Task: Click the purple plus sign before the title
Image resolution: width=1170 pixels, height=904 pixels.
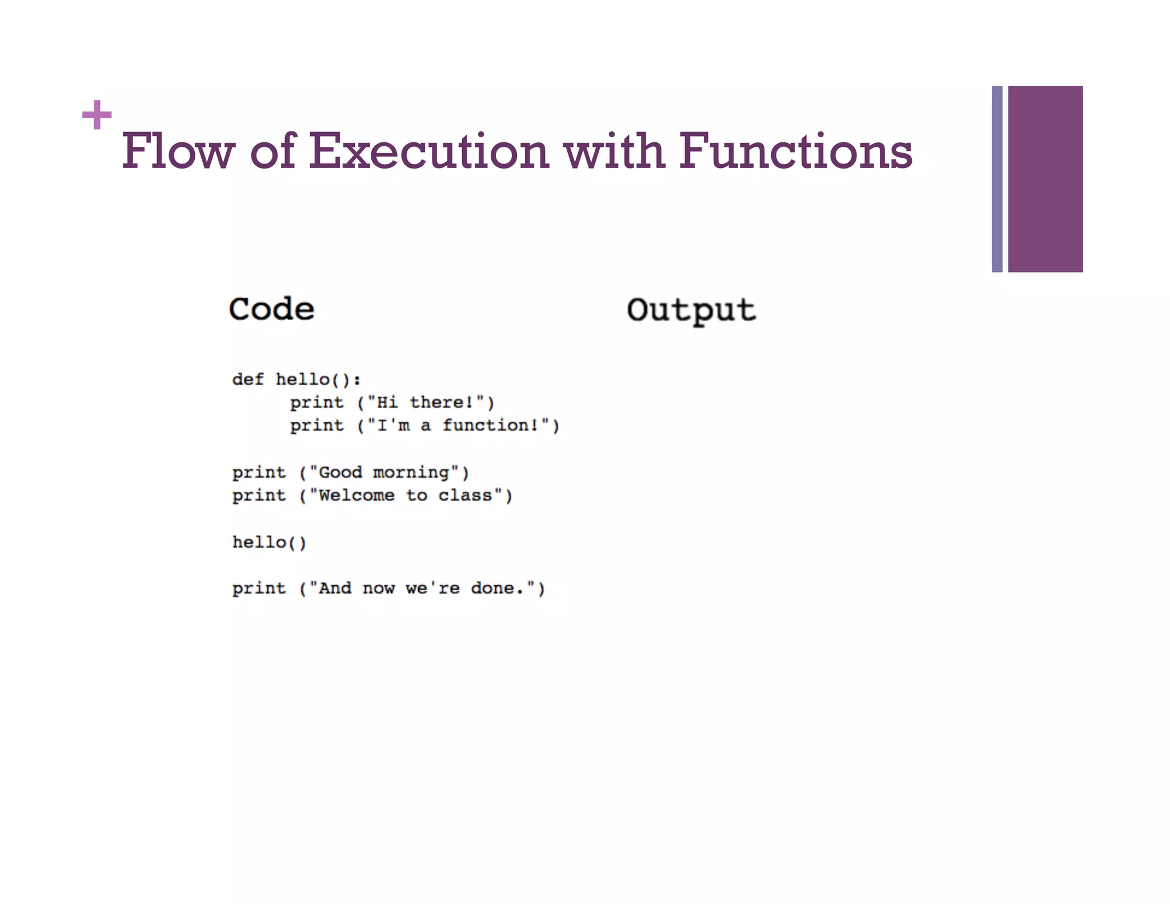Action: tap(97, 115)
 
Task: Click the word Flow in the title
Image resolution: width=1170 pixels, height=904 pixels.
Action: tap(178, 151)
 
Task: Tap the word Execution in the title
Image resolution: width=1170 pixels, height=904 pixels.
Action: tap(429, 151)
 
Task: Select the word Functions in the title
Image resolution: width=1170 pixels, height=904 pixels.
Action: tap(795, 151)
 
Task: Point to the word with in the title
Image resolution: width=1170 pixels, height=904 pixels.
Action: tap(614, 151)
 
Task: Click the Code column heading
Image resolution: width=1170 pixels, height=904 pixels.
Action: tap(271, 310)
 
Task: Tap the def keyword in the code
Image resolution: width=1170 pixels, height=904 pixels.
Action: tap(248, 379)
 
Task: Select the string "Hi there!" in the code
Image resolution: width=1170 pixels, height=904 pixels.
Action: tap(426, 403)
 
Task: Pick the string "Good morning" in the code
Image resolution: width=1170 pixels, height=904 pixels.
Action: tap(384, 473)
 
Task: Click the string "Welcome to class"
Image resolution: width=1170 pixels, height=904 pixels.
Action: tap(406, 495)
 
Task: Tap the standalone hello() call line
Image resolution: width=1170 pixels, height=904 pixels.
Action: tap(269, 542)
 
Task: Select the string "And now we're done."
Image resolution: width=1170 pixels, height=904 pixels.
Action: tap(422, 589)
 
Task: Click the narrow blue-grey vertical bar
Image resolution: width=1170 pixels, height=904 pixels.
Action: tap(997, 179)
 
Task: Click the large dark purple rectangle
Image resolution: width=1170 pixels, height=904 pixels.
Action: tap(1045, 179)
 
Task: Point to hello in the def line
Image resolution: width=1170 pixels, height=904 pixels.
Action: tap(303, 379)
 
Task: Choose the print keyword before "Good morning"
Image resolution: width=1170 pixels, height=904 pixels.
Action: tap(259, 473)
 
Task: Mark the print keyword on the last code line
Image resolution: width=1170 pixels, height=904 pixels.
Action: tap(259, 589)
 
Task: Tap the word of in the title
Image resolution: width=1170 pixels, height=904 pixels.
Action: tap(273, 151)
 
